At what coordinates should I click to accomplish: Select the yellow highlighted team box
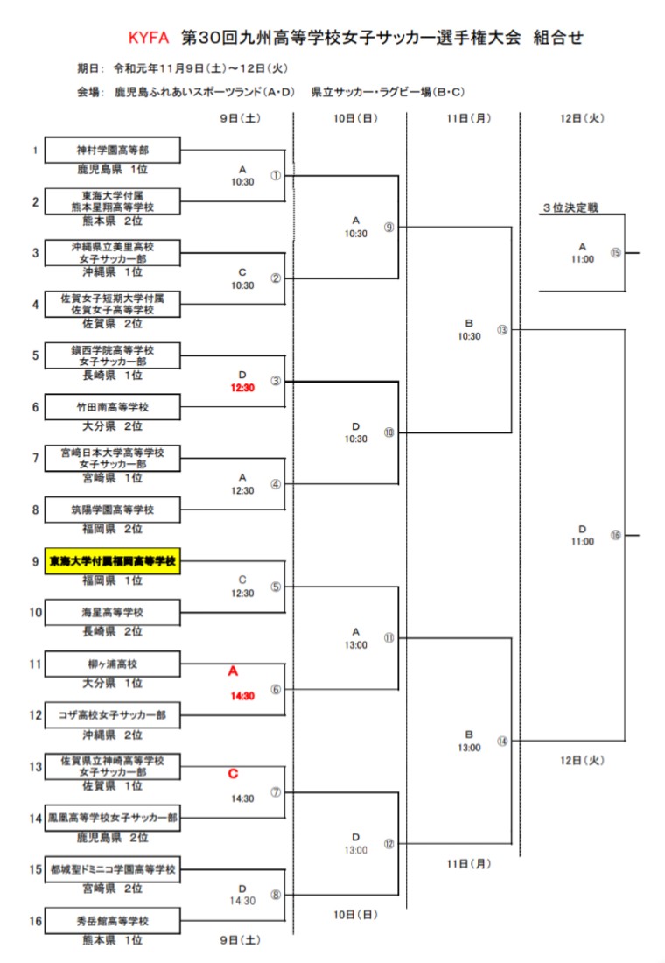click(x=113, y=560)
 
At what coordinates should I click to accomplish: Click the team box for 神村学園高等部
click(x=113, y=150)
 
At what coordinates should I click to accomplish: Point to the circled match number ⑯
click(x=615, y=535)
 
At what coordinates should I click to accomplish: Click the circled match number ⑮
click(x=615, y=253)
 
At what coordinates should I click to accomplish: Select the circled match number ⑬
click(x=501, y=330)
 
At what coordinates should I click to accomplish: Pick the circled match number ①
click(x=276, y=175)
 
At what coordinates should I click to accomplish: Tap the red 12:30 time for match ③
click(x=242, y=388)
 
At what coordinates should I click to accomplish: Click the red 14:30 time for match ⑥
click(x=242, y=696)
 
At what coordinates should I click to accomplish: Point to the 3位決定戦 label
click(x=570, y=207)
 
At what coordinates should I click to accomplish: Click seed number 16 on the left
click(x=36, y=920)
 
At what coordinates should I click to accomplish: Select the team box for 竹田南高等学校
click(x=113, y=407)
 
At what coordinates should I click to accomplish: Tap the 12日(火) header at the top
click(x=582, y=118)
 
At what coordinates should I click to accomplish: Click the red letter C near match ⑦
click(x=233, y=774)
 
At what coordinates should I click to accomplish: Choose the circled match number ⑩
click(x=389, y=432)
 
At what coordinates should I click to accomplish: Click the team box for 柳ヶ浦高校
click(x=113, y=664)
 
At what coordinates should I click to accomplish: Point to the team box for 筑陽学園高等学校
click(x=113, y=510)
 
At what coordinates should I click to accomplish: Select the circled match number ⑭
click(x=501, y=741)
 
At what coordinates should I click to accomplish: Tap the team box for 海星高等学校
click(x=113, y=612)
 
